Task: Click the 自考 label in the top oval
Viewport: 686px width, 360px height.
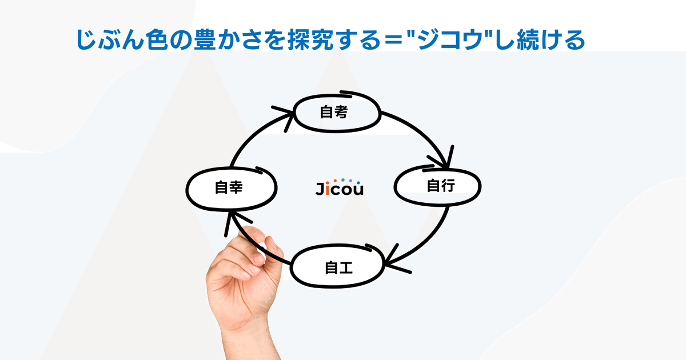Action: point(334,112)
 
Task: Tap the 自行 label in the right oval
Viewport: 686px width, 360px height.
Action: point(441,186)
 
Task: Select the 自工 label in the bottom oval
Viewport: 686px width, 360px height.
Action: point(338,267)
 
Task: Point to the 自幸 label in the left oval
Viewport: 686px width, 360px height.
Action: point(229,187)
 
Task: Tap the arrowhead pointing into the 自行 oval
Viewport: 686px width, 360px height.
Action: point(444,159)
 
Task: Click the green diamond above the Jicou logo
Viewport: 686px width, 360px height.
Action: point(343,180)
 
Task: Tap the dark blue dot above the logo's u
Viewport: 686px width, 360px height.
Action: point(358,183)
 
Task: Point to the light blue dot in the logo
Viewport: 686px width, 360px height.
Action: point(350,181)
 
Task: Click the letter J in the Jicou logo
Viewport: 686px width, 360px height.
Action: point(320,189)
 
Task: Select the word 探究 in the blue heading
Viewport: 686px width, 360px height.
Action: point(310,40)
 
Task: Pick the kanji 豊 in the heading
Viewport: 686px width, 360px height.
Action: point(204,40)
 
